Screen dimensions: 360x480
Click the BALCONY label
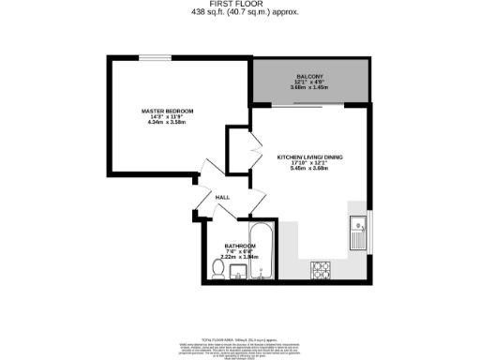[x=310, y=76]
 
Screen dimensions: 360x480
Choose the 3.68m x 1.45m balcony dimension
[x=310, y=87]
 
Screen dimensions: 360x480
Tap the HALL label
[x=223, y=198]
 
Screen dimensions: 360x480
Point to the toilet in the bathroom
[x=217, y=271]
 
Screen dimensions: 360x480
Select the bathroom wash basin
[x=237, y=273]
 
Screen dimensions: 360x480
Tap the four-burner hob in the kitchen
[x=322, y=269]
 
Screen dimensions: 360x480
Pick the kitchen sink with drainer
[x=358, y=233]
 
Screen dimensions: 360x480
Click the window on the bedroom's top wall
[x=161, y=58]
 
